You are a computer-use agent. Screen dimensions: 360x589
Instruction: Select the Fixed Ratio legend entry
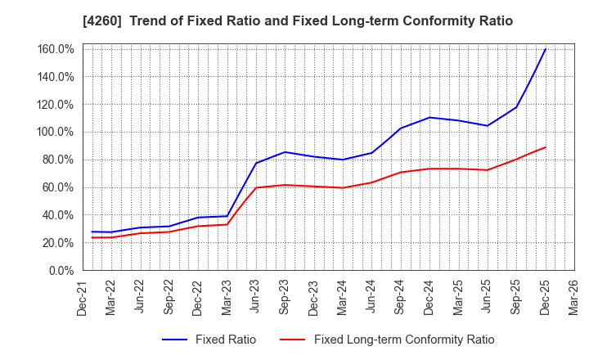point(209,340)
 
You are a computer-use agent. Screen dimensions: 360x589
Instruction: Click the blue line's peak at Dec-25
point(546,49)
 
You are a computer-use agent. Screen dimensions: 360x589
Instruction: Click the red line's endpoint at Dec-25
point(546,147)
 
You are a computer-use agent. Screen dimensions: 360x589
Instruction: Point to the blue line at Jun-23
point(256,163)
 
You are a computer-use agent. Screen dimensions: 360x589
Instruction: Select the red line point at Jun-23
point(256,187)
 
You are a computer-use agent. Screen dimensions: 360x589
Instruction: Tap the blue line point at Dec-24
point(429,117)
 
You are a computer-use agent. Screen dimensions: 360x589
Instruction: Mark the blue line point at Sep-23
point(285,151)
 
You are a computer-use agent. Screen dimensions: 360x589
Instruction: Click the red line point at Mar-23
point(227,224)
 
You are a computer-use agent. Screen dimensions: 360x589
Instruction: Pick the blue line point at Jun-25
point(488,125)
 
